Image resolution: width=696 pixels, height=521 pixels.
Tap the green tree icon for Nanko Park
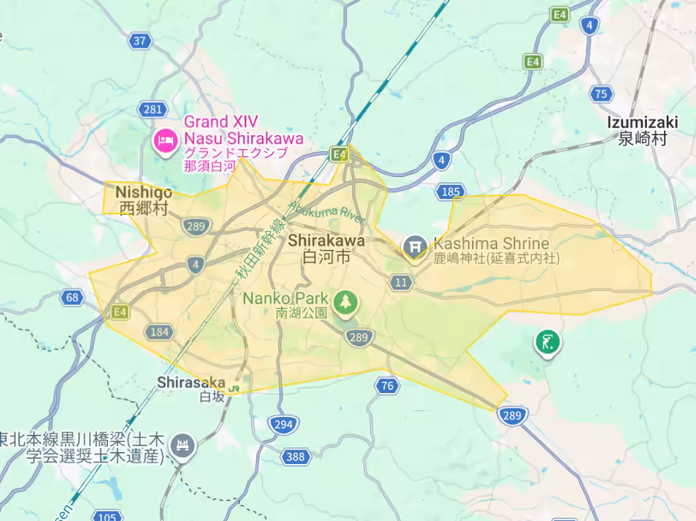click(345, 302)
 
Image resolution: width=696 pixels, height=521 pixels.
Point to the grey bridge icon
click(182, 445)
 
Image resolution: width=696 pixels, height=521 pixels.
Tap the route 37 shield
click(139, 41)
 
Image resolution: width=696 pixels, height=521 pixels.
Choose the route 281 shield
click(152, 109)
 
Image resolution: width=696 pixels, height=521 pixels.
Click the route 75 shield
click(601, 94)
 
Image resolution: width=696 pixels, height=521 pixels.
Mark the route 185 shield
click(449, 192)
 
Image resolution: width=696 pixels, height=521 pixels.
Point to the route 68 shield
click(72, 297)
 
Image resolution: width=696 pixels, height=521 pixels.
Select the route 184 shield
click(160, 331)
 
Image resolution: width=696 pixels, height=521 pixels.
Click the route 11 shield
click(400, 283)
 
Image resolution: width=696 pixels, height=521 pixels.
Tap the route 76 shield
click(388, 385)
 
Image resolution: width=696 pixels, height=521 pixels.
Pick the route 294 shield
click(283, 424)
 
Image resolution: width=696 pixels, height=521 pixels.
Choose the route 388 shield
click(296, 457)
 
